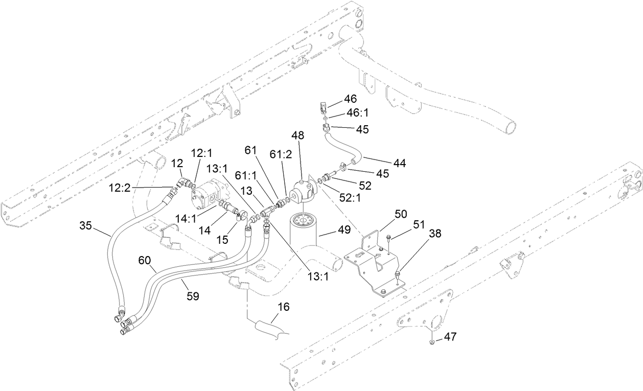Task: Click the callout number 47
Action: click(449, 337)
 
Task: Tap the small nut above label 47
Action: click(432, 341)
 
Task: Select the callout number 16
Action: click(283, 307)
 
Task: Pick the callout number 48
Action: click(297, 136)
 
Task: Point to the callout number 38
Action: click(435, 234)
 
